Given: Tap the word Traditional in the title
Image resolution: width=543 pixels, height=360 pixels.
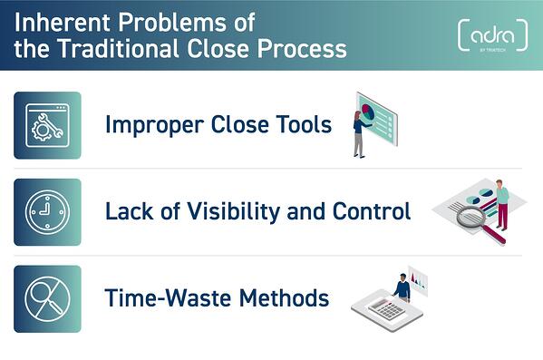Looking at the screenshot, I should pos(119,47).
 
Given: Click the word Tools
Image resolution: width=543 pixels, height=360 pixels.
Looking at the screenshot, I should pos(301,124).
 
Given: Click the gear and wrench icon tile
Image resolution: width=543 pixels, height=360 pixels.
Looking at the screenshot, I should pos(47,125).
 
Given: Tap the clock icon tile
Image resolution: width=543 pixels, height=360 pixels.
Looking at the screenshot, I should pos(47,212).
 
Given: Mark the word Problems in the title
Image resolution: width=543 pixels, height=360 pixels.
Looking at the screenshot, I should pos(167,20).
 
